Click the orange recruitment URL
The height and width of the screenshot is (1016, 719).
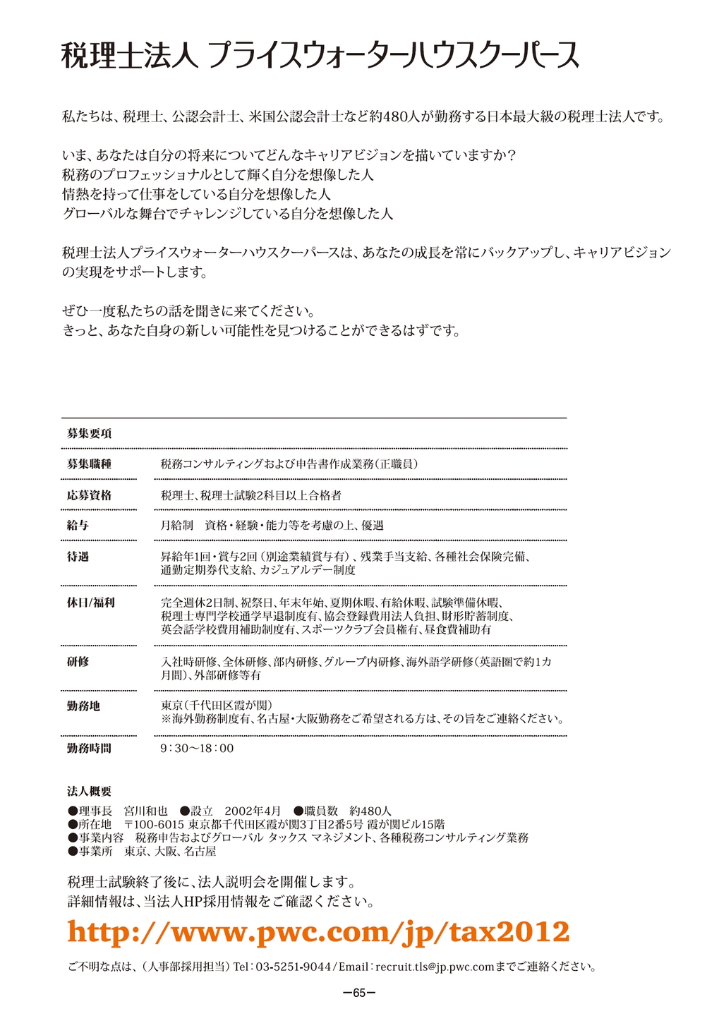click(318, 932)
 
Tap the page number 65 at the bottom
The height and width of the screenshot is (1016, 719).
click(359, 993)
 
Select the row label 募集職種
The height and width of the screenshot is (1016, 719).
click(89, 464)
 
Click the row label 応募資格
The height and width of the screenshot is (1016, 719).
click(89, 495)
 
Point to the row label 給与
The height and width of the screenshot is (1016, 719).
click(78, 526)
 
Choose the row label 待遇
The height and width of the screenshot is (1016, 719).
click(78, 557)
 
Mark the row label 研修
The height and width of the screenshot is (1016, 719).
click(78, 662)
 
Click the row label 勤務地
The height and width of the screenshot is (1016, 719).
click(83, 706)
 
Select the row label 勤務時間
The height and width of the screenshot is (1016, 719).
click(89, 749)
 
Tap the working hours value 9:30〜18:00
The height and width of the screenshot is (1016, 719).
click(197, 749)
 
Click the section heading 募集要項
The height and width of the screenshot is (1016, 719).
click(89, 434)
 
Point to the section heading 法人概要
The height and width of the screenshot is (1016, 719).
click(89, 792)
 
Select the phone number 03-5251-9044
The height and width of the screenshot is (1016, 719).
click(293, 967)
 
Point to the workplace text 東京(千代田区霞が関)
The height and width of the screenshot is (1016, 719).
click(217, 706)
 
